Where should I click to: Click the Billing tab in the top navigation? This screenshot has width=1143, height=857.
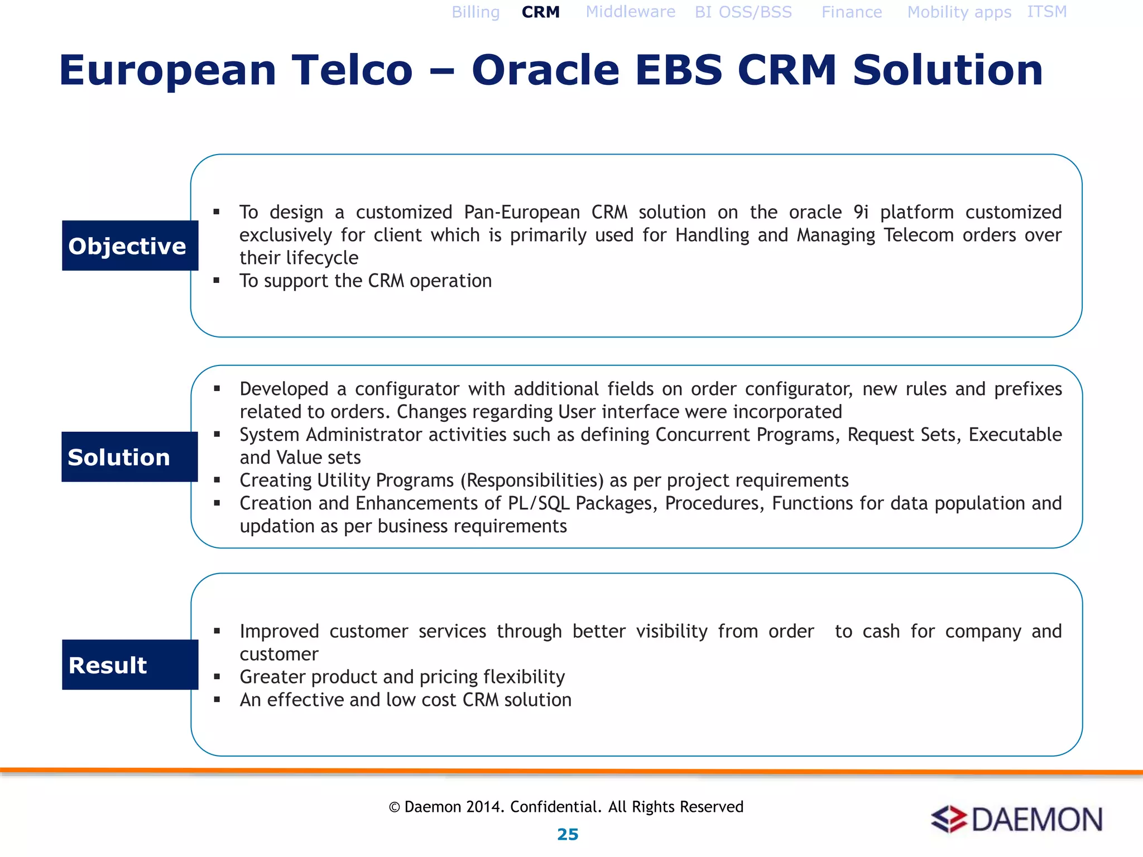click(476, 12)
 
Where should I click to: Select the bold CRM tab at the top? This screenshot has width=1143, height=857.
click(540, 12)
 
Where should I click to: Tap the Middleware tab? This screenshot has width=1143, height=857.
click(630, 12)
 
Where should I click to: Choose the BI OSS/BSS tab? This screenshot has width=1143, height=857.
click(743, 12)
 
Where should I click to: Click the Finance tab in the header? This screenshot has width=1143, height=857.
click(851, 12)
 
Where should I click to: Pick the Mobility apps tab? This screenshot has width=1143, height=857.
click(959, 12)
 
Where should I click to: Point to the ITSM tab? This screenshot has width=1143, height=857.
click(1046, 12)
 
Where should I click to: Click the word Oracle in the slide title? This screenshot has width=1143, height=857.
click(545, 70)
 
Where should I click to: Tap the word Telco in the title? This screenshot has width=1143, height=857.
click(352, 70)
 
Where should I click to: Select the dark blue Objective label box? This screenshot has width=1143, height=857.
click(130, 245)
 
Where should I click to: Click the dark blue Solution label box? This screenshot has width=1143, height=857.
click(129, 457)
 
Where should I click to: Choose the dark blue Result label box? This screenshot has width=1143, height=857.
click(130, 665)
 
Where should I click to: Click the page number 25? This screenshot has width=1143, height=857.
click(568, 834)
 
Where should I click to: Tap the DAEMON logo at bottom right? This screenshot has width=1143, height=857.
click(1016, 820)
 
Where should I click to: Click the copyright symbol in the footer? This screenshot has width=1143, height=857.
click(395, 807)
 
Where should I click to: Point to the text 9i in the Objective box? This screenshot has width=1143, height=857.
click(861, 213)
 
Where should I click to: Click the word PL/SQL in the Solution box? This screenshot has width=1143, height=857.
click(538, 503)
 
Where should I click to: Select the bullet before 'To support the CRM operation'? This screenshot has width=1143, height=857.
click(217, 281)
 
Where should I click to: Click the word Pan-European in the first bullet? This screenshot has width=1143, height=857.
click(522, 213)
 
